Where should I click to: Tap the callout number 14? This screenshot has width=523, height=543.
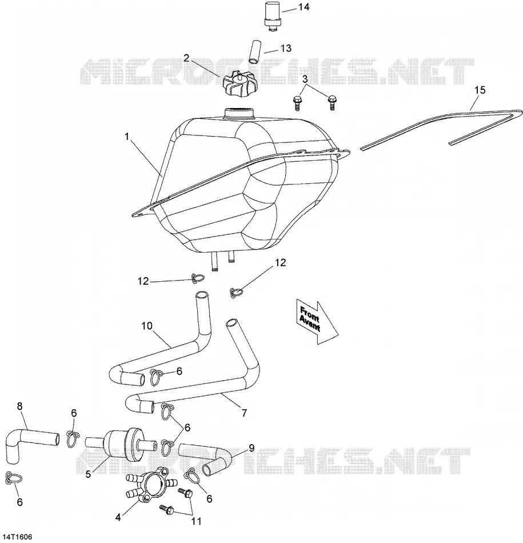[x=304, y=7]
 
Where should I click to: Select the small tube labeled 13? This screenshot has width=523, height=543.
[x=254, y=52]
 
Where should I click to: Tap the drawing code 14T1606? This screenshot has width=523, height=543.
[x=16, y=537]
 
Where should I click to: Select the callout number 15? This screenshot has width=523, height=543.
[x=480, y=90]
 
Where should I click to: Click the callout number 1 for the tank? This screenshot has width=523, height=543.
[x=127, y=137]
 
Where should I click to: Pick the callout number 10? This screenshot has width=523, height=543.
[x=147, y=326]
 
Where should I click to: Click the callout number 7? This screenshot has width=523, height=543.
[x=245, y=413]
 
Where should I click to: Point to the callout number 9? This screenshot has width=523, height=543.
[x=251, y=448]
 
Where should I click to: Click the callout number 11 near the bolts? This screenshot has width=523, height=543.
[x=197, y=521]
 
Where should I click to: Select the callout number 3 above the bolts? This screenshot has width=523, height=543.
[x=305, y=79]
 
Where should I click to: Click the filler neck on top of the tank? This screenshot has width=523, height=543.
[x=239, y=114]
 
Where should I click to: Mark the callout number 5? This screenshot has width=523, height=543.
[x=89, y=474]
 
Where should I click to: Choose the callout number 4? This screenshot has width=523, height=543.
[x=118, y=518]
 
